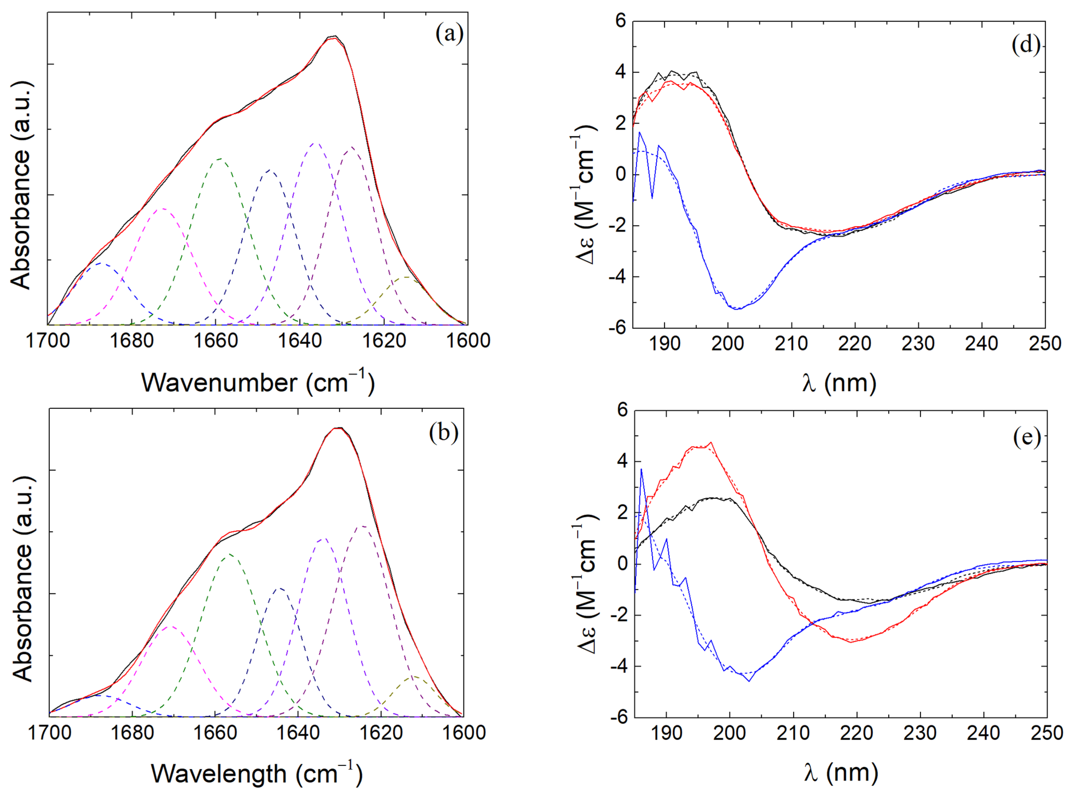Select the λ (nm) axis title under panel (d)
[x=839, y=384]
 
